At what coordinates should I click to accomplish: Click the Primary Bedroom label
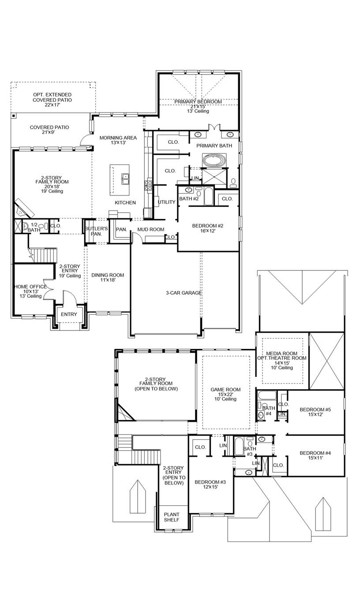click(x=198, y=102)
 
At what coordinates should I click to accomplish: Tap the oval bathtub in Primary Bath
click(x=214, y=160)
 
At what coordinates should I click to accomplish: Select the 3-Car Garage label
click(x=184, y=293)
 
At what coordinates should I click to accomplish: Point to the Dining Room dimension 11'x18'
click(x=108, y=280)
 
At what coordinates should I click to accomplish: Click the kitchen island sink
click(x=125, y=178)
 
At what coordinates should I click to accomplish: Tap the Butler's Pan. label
click(x=96, y=231)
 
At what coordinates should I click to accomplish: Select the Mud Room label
click(x=150, y=229)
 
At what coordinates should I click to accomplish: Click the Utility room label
click(x=167, y=202)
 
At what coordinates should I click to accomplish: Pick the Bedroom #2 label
click(x=207, y=226)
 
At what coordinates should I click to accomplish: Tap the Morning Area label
click(x=118, y=138)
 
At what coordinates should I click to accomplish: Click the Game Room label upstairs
click(x=225, y=390)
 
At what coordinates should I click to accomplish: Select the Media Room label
click(x=281, y=354)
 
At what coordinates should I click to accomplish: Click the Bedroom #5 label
click(x=315, y=410)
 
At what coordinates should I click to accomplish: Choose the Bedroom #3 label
click(x=210, y=482)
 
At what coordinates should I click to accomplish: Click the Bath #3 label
click(x=250, y=451)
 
